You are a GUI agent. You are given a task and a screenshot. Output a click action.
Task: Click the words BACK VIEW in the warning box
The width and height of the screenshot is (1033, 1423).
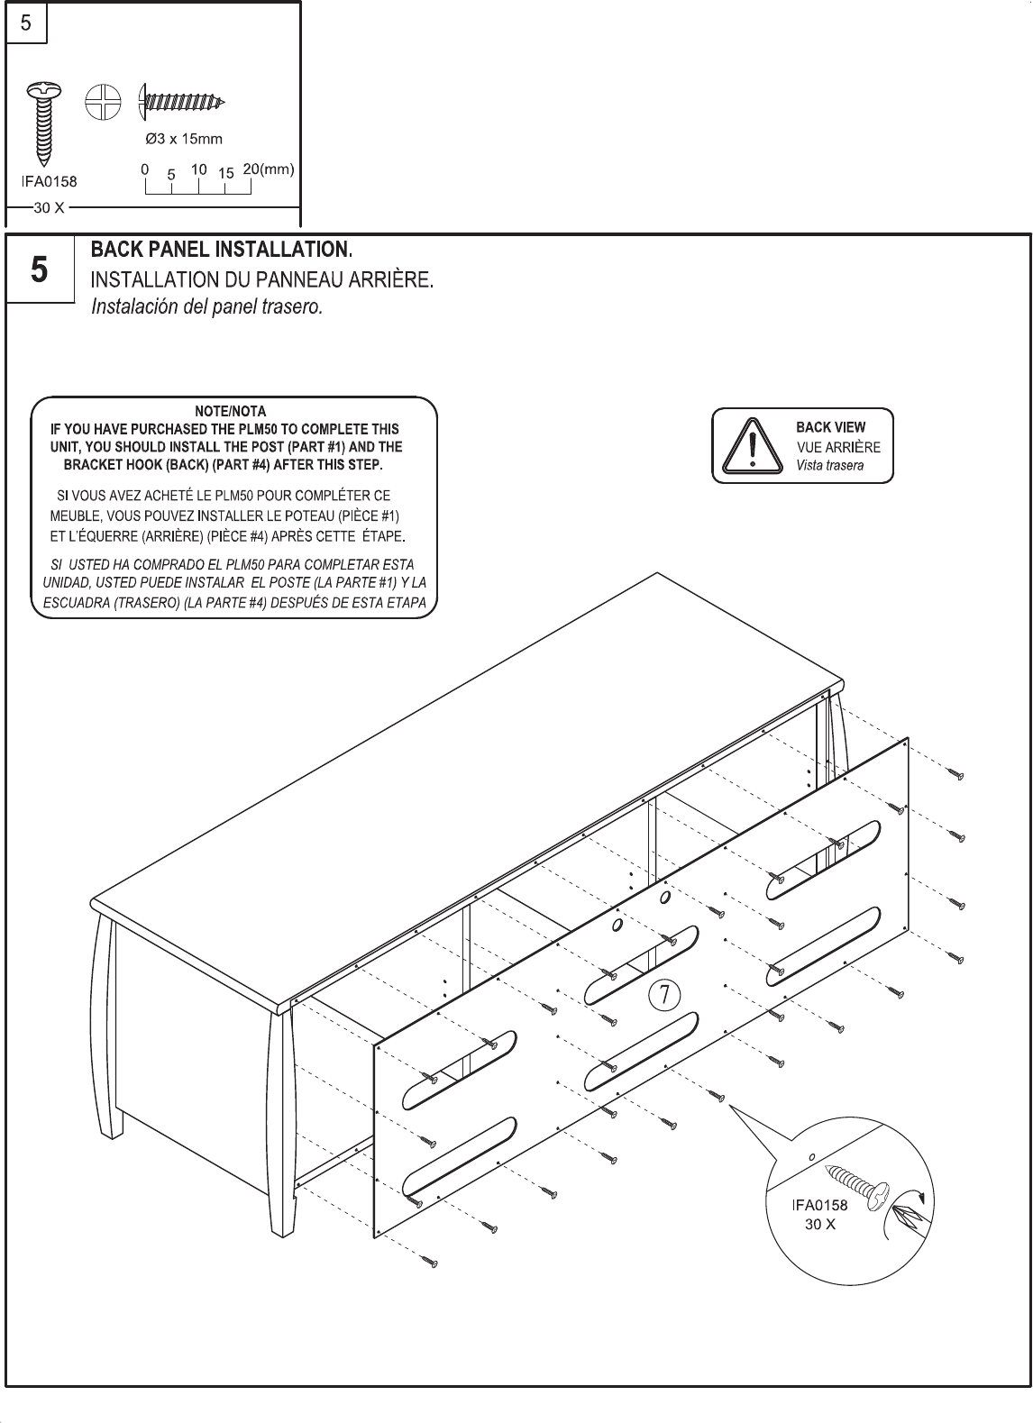pyautogui.click(x=830, y=427)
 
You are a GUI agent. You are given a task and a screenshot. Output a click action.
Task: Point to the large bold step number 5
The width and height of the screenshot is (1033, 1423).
pyautogui.click(x=39, y=269)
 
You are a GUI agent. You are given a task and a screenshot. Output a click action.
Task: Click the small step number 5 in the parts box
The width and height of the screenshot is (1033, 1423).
pyautogui.click(x=26, y=23)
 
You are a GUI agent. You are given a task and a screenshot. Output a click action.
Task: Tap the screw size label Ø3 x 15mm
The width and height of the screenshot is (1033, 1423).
pyautogui.click(x=184, y=139)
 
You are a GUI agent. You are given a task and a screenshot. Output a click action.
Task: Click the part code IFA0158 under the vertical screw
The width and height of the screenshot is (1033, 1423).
pyautogui.click(x=50, y=180)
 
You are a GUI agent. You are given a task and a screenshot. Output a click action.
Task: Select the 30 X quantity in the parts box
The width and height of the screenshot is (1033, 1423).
pyautogui.click(x=48, y=208)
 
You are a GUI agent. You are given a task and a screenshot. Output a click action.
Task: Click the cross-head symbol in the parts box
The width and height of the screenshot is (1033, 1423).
pyautogui.click(x=103, y=101)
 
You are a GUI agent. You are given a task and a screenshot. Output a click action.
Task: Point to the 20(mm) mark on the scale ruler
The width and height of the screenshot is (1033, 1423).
pyautogui.click(x=270, y=169)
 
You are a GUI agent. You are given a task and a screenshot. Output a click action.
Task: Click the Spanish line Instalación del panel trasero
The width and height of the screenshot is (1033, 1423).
pyautogui.click(x=206, y=306)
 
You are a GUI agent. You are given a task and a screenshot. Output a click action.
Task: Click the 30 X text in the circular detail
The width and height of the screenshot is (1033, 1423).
pyautogui.click(x=819, y=1225)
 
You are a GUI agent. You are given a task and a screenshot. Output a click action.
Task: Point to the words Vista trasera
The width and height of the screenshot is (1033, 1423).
pyautogui.click(x=829, y=466)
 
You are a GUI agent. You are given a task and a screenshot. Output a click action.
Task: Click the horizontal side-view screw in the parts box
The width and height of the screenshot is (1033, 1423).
pyautogui.click(x=181, y=101)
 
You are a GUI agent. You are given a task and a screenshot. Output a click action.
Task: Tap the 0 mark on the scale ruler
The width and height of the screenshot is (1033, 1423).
pyautogui.click(x=144, y=169)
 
